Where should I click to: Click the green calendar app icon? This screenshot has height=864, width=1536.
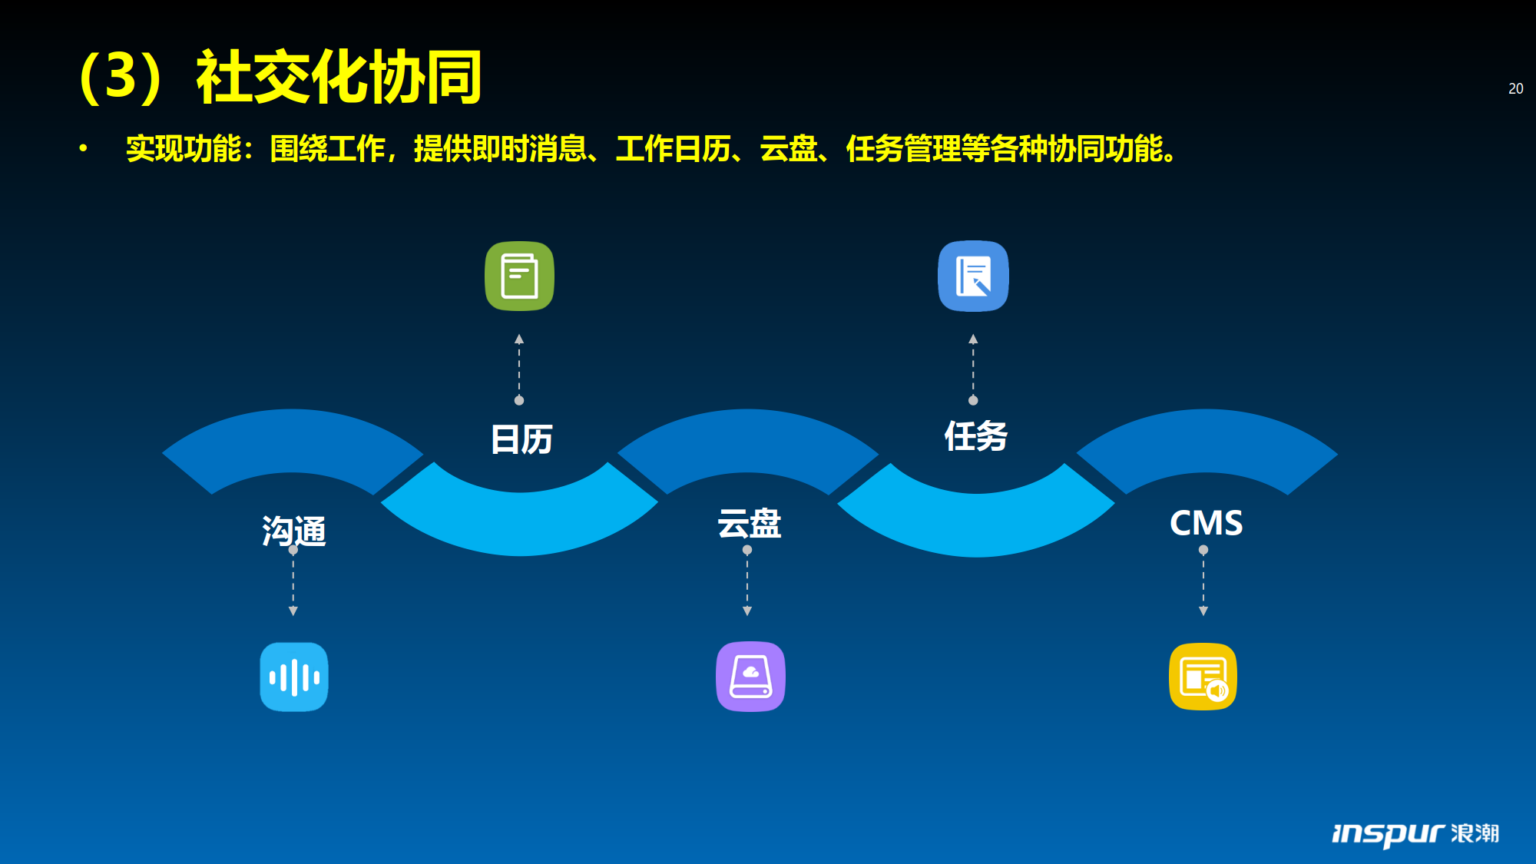(x=519, y=276)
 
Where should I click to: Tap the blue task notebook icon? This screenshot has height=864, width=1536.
(x=973, y=276)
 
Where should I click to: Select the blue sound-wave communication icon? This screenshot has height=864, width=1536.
(x=293, y=677)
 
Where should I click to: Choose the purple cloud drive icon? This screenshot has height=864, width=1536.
(x=750, y=676)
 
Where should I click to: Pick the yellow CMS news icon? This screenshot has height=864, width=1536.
(x=1203, y=676)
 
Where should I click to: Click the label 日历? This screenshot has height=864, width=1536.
(x=521, y=439)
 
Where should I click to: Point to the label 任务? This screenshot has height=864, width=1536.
(x=975, y=436)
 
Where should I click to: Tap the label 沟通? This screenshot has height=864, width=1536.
(x=294, y=531)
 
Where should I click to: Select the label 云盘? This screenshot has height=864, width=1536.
(x=749, y=524)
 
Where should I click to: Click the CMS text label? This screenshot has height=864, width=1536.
(x=1206, y=523)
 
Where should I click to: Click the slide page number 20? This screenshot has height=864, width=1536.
(x=1515, y=88)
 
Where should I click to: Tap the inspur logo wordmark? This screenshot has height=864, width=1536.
(x=1415, y=833)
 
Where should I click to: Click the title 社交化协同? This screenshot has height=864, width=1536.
(x=339, y=77)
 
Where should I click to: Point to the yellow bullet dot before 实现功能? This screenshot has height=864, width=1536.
(x=83, y=148)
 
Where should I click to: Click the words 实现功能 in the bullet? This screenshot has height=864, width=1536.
(x=184, y=148)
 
